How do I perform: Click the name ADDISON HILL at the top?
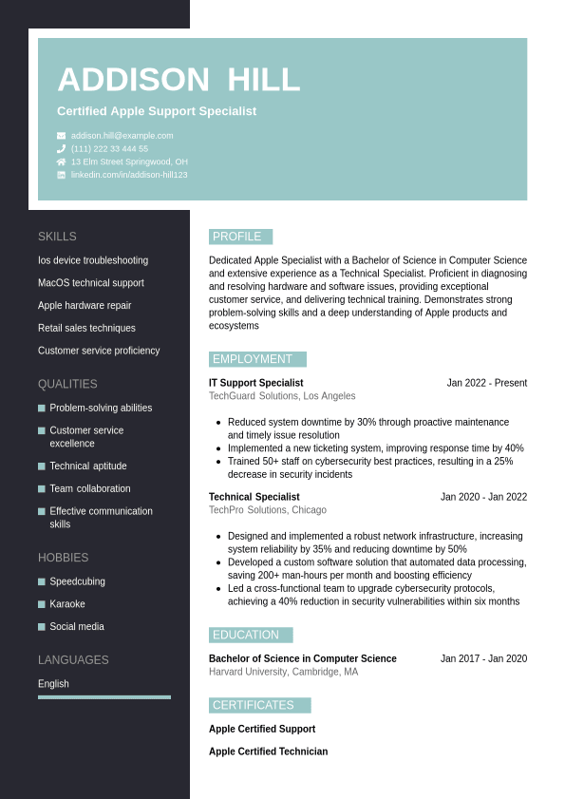click(x=179, y=80)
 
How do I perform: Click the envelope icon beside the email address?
click(x=62, y=136)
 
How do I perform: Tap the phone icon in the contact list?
click(x=62, y=149)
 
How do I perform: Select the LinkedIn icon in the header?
click(x=62, y=175)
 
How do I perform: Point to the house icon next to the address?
click(x=62, y=162)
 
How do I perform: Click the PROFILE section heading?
click(x=240, y=237)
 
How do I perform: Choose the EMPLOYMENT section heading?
click(x=257, y=359)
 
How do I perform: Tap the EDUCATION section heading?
click(x=251, y=635)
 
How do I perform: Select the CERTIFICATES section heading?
click(x=259, y=705)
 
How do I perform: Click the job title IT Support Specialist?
click(x=254, y=383)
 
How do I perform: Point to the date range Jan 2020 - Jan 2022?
click(x=483, y=497)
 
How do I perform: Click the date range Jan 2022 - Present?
click(x=486, y=383)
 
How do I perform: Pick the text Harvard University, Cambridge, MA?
click(x=283, y=672)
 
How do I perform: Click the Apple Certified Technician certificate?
click(x=268, y=751)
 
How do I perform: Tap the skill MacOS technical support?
click(x=91, y=283)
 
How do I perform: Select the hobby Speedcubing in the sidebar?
click(x=77, y=581)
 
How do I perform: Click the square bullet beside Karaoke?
click(x=42, y=604)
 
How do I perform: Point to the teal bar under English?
click(x=104, y=697)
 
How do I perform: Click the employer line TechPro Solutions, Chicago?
click(x=268, y=510)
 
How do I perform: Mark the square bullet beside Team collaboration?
click(x=42, y=488)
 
